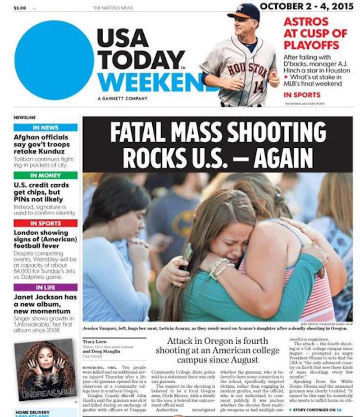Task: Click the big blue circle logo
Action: click(x=54, y=60)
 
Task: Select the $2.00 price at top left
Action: click(x=20, y=8)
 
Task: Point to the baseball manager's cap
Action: click(x=244, y=11)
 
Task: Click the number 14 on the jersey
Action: click(x=258, y=86)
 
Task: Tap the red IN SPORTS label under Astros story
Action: click(x=302, y=95)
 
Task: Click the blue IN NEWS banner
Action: click(x=46, y=127)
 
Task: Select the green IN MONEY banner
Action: click(x=46, y=175)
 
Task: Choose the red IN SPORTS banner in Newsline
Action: click(x=46, y=223)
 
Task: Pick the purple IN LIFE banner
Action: click(x=46, y=287)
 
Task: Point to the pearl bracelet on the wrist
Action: click(x=219, y=268)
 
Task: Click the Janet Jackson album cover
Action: click(x=45, y=369)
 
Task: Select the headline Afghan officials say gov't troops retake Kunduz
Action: click(x=41, y=144)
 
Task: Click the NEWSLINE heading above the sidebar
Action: click(x=24, y=117)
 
